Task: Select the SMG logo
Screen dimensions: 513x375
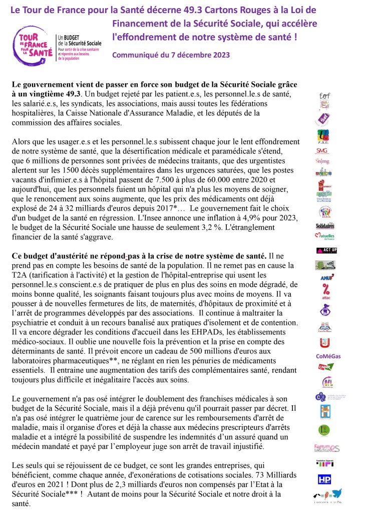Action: pos(322,150)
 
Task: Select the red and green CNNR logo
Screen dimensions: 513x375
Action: pos(326,368)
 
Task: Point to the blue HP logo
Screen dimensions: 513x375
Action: pos(324,479)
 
